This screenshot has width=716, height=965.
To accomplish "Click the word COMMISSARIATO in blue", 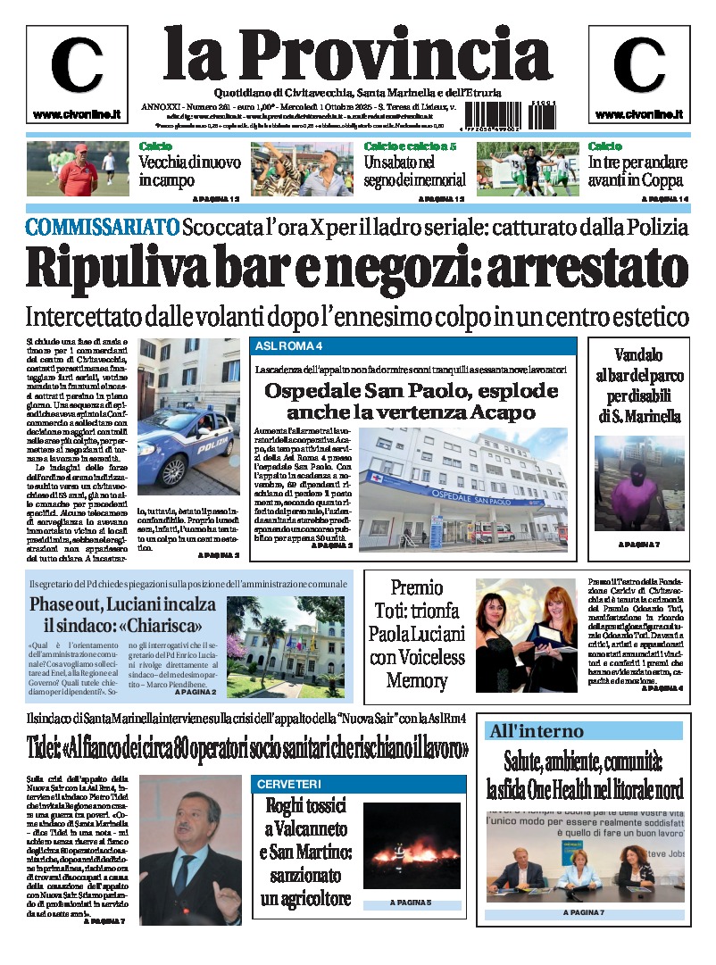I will tap(102, 227).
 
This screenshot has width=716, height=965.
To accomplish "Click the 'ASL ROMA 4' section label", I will tap(288, 345).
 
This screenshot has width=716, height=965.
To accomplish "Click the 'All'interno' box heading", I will tap(536, 731).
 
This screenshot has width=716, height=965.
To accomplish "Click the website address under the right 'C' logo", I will tap(638, 114).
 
